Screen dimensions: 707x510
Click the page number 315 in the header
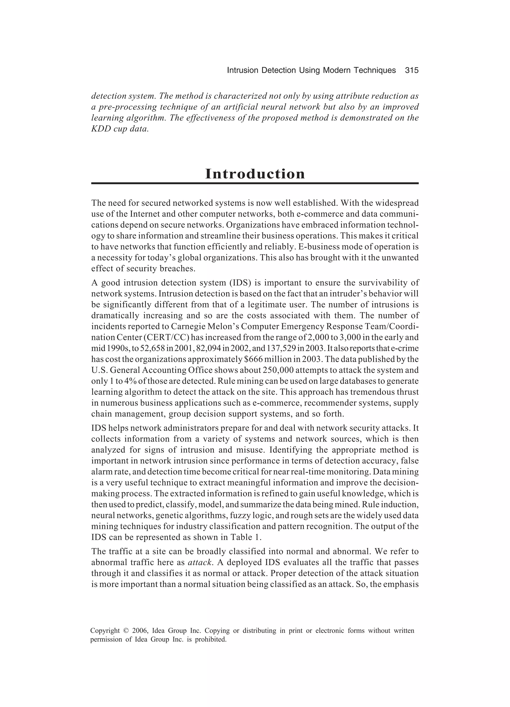(x=412, y=71)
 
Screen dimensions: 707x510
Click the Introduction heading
(x=255, y=174)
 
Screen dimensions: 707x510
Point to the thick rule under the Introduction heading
(x=255, y=183)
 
